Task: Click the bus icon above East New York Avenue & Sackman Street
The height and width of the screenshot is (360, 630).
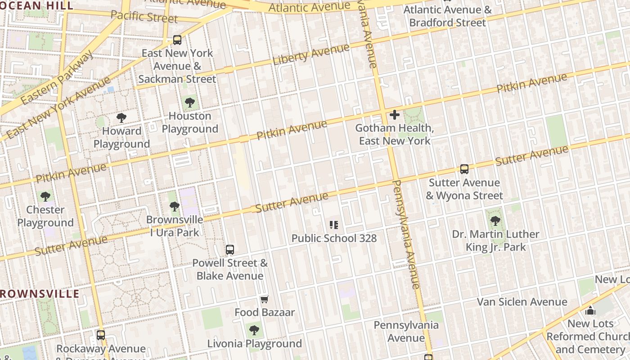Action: coord(177,40)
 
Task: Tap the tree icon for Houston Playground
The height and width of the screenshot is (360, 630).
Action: coord(190,103)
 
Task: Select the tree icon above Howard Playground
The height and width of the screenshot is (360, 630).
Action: coord(121,118)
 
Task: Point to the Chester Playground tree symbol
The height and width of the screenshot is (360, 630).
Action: coord(45,196)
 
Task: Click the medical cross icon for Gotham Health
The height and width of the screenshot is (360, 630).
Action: coord(395,115)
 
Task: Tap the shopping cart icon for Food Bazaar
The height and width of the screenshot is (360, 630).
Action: coord(264,299)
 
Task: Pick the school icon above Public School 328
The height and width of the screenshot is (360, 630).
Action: coord(334,225)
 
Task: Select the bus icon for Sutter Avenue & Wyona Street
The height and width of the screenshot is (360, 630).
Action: coord(464,169)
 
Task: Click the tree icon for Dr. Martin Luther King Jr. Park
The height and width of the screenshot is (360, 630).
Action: coord(495,221)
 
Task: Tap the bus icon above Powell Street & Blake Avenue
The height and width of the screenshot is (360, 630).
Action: coord(230,249)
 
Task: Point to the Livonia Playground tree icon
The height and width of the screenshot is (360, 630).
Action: coord(254,330)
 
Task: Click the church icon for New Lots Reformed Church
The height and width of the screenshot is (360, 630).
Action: coord(590,310)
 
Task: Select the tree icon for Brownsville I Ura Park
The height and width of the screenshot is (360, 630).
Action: coord(175,207)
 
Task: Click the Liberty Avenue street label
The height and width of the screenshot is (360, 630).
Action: coord(311,55)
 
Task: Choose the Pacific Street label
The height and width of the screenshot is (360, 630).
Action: coord(144,17)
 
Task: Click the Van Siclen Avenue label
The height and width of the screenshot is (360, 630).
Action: coord(522,301)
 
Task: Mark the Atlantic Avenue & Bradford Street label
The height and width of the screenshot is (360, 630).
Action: coord(448,16)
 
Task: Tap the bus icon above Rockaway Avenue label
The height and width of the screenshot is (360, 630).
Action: coord(101,335)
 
